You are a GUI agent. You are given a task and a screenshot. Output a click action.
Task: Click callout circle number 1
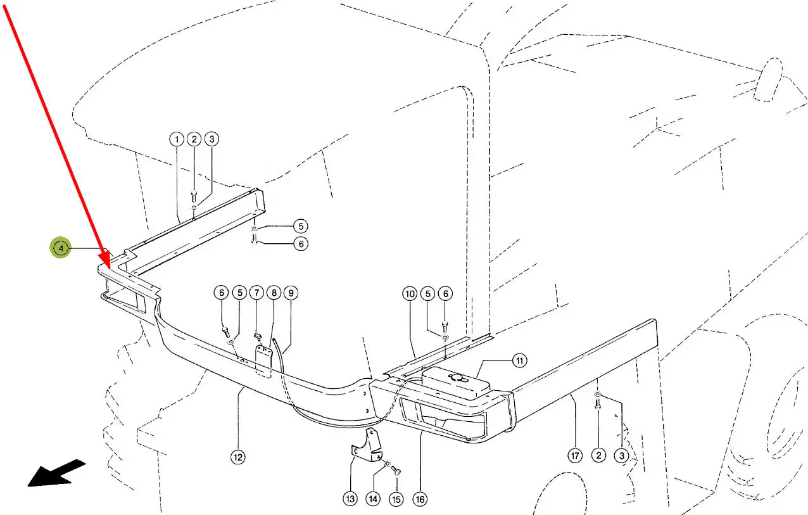(x=177, y=139)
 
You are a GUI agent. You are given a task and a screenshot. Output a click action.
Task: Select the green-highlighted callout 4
(x=61, y=248)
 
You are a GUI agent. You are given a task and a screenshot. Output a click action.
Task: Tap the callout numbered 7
(x=256, y=292)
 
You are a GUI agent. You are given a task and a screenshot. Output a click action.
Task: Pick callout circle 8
(x=274, y=293)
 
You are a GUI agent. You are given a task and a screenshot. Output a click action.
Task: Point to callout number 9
(x=291, y=293)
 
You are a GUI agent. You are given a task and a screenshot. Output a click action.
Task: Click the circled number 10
(x=410, y=294)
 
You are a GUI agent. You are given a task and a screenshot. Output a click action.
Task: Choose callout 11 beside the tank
(x=519, y=360)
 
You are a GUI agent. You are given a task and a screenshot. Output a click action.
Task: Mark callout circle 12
(x=237, y=457)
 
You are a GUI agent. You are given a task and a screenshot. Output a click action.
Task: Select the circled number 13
(x=350, y=499)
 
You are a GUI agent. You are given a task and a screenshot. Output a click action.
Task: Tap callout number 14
(x=373, y=499)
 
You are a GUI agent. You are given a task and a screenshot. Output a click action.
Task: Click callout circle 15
(x=396, y=500)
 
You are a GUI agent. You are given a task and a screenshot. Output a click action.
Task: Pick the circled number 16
(x=420, y=500)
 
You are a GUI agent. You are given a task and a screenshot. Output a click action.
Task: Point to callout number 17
(x=575, y=456)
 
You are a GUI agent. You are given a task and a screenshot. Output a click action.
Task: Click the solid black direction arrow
(x=58, y=473)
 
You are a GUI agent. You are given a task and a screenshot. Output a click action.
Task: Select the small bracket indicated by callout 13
(x=367, y=446)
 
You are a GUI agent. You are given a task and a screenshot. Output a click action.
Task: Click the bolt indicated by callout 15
(x=396, y=471)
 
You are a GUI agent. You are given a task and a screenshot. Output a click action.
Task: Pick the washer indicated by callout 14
(x=388, y=464)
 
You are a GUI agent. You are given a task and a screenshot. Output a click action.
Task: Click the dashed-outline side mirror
(x=768, y=79)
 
